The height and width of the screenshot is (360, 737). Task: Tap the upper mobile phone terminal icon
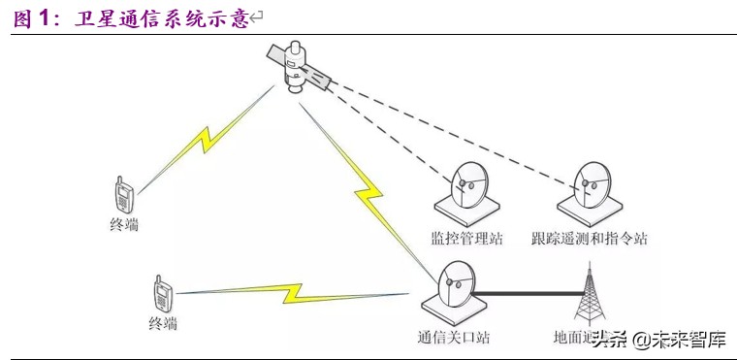pos(124,195)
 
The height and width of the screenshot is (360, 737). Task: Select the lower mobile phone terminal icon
pos(162,293)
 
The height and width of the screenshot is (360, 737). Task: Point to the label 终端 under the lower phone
pos(164,322)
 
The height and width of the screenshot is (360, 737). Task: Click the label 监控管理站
pos(466,239)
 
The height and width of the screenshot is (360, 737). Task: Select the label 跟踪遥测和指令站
pos(590,239)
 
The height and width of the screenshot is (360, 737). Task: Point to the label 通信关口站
pos(453,339)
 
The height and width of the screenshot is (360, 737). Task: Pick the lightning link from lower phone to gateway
pos(291,291)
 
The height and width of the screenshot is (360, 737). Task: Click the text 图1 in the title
pos(30,17)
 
